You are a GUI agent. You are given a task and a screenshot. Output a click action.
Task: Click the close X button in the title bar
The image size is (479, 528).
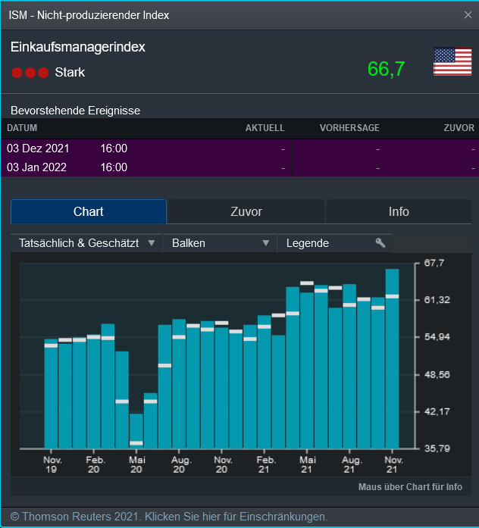[468, 14]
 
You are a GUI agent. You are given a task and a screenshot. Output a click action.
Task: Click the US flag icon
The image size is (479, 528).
[452, 61]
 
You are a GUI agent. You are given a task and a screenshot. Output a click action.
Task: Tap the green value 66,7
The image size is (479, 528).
[386, 69]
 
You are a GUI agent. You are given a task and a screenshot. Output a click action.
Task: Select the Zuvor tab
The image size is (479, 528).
[246, 212]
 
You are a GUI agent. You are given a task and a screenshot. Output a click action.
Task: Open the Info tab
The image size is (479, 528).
[399, 212]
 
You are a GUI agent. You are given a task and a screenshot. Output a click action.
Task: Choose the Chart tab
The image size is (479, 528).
[89, 212]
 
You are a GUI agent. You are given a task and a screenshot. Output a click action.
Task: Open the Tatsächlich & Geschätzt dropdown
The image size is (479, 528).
[86, 243]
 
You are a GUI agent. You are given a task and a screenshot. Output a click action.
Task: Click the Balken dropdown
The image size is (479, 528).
[220, 243]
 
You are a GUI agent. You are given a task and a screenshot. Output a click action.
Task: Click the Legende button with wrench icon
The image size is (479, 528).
[334, 243]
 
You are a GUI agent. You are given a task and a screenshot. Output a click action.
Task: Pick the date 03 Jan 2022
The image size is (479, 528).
[37, 167]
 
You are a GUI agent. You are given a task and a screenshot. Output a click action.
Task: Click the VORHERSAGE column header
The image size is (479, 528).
[349, 128]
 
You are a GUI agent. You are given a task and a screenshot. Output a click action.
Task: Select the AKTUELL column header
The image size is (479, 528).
[265, 128]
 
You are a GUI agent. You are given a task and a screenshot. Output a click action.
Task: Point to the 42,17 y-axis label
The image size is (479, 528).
[436, 411]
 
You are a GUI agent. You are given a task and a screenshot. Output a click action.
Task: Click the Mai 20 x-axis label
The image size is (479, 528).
[137, 464]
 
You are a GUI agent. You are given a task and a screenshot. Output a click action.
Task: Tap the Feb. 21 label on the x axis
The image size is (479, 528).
[266, 464]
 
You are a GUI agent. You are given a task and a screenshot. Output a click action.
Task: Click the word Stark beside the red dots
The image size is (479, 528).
[70, 73]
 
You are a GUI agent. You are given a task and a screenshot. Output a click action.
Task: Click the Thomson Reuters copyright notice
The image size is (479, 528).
[168, 517]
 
